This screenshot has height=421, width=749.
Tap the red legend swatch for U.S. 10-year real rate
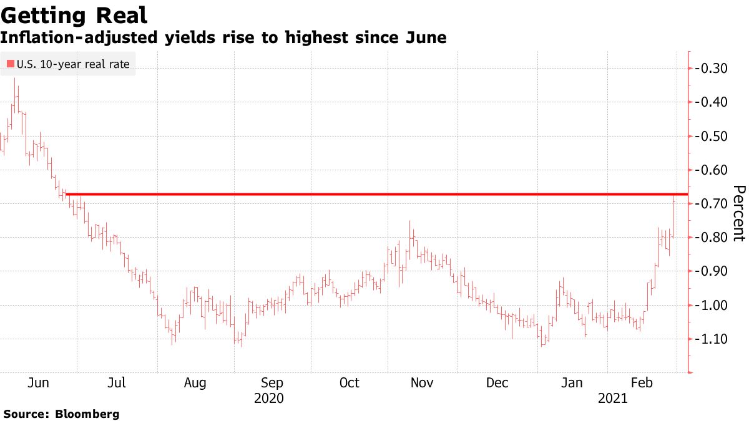10,64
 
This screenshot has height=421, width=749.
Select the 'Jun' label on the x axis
39,382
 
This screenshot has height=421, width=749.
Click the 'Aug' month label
195,382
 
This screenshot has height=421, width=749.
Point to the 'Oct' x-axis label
350,382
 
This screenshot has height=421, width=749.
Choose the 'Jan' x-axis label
572,382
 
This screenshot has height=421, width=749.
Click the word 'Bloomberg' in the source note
87,414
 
